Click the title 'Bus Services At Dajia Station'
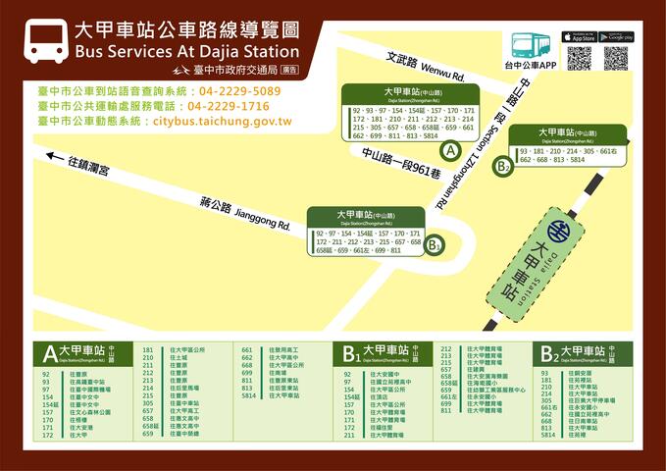point(186,51)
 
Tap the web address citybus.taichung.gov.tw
point(222,121)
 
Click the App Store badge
point(579,37)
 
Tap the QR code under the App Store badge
point(579,58)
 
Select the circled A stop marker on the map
point(450,151)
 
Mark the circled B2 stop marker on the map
point(503,166)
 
